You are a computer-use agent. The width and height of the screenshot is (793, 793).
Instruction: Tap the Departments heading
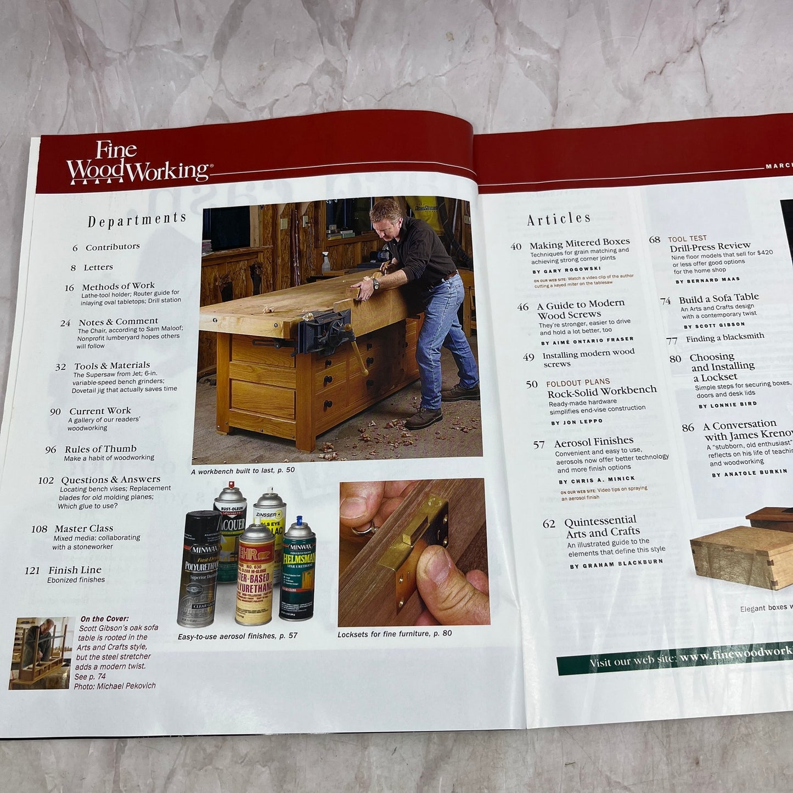click(x=137, y=220)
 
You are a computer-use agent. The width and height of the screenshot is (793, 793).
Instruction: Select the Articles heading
click(x=559, y=219)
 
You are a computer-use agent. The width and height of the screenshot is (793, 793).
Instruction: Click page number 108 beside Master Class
click(x=39, y=529)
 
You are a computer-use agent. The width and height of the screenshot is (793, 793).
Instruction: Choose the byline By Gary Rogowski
click(x=566, y=270)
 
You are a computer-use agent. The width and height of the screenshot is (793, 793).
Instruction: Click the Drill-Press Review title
click(x=710, y=246)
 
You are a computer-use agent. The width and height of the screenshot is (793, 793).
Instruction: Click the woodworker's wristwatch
click(x=375, y=284)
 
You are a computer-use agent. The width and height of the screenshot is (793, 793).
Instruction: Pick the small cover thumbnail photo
click(x=42, y=653)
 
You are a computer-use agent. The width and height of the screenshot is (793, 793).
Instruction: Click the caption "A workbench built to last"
click(x=243, y=470)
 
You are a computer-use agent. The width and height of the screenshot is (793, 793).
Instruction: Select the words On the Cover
click(x=104, y=619)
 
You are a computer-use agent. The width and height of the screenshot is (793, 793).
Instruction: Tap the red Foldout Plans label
click(x=578, y=382)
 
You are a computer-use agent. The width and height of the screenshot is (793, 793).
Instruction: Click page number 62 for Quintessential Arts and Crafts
click(x=549, y=524)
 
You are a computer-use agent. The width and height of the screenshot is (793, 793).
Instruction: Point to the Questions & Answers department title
click(x=110, y=480)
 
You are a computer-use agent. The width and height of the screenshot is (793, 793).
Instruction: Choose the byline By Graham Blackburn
click(x=616, y=564)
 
